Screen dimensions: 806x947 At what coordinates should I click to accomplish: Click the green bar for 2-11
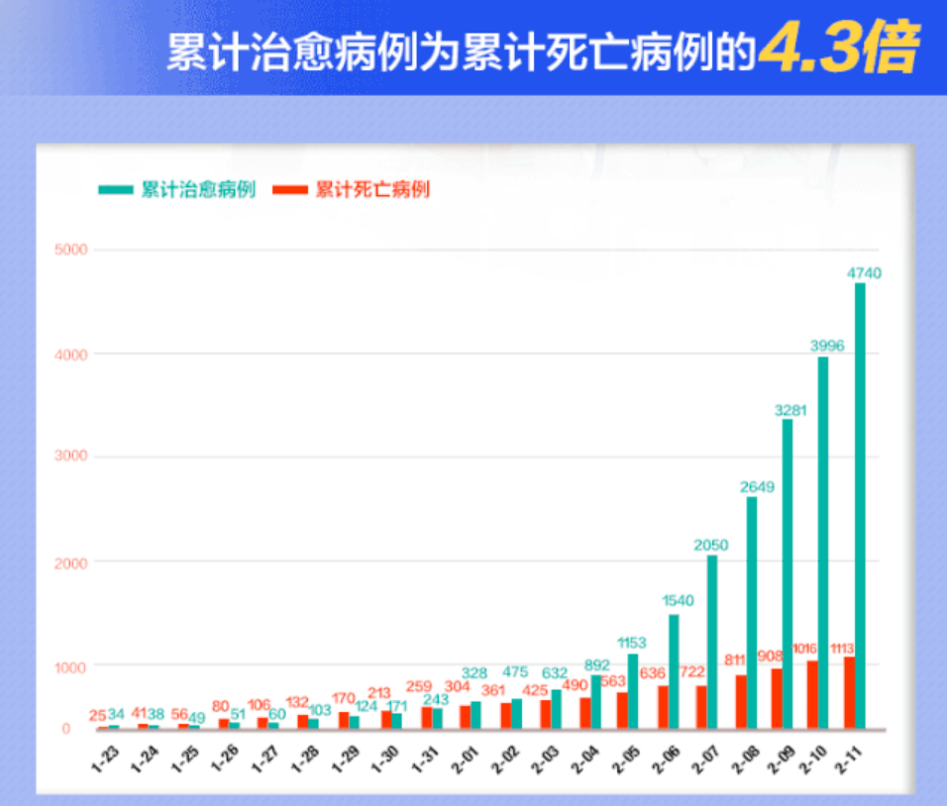860,505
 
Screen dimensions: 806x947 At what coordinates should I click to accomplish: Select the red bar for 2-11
849,693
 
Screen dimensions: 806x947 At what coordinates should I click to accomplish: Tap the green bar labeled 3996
823,543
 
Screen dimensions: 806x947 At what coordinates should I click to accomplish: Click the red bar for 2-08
740,702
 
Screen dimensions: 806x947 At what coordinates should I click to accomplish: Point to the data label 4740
864,273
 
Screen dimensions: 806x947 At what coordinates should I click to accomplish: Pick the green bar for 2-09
788,574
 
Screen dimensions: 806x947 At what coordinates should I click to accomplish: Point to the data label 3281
790,409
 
